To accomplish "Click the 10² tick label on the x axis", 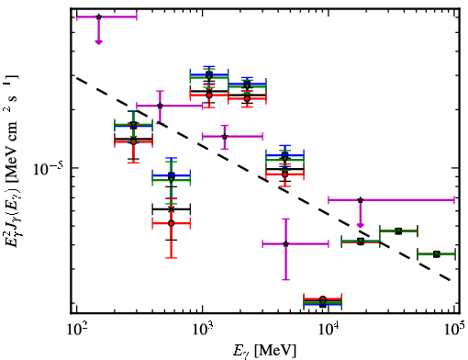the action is (76, 330).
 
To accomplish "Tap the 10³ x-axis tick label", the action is (202, 330).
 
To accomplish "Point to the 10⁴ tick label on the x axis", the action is (329, 330).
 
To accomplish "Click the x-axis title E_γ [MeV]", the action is (264, 351).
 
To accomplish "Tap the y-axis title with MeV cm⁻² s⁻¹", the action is (11, 163).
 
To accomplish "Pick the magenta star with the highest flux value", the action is (98, 17).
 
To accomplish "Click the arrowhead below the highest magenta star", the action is (98, 41).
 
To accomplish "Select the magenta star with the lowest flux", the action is (285, 244).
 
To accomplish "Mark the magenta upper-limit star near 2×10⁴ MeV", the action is (361, 200).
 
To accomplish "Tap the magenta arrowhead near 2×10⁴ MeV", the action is (361, 225).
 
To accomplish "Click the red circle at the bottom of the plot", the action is (322, 299).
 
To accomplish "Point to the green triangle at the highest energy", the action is (437, 254).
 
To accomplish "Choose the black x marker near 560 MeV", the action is (172, 209).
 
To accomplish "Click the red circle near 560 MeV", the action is (172, 223).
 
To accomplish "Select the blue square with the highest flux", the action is (209, 74).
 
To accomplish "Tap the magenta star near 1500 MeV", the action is (225, 136).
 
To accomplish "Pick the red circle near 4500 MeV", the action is (285, 174).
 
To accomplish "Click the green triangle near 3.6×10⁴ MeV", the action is (398, 231).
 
